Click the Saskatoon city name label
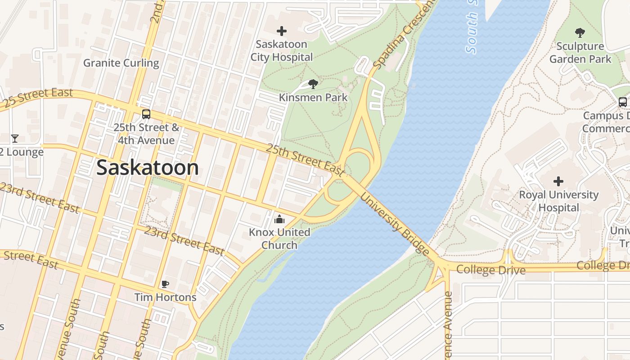[x=148, y=167]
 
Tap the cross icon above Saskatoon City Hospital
[x=282, y=31]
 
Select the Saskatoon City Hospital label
[x=282, y=51]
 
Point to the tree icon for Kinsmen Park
[x=313, y=84]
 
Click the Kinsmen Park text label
[x=313, y=97]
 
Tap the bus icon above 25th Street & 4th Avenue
[x=146, y=114]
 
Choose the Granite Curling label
[x=121, y=63]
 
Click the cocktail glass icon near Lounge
[x=15, y=138]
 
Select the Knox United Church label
[x=279, y=238]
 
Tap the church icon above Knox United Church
[x=279, y=220]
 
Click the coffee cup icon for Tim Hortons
[x=165, y=284]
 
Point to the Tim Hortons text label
[x=166, y=297]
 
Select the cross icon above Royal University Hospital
[x=558, y=181]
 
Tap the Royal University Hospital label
[x=559, y=201]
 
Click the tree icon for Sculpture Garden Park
[x=580, y=32]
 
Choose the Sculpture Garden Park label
[x=580, y=53]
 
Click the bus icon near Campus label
[x=623, y=102]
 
